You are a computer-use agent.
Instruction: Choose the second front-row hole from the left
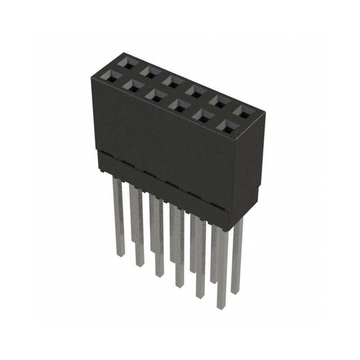[132, 85]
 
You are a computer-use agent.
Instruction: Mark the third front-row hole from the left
[155, 95]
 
